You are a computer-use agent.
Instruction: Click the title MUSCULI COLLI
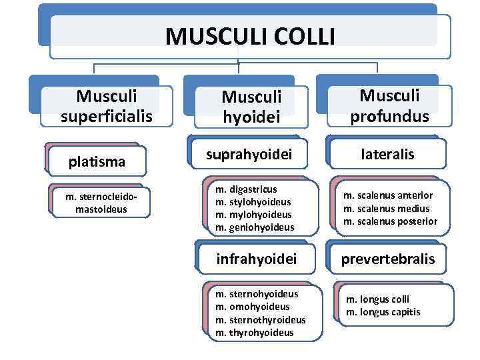250,35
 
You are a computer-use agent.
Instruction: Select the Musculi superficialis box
107,107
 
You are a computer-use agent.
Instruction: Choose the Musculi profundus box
390,107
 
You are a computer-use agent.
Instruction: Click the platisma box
97,161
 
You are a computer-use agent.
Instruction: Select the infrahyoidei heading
256,257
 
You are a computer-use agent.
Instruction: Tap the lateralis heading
388,154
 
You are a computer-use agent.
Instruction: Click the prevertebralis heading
388,258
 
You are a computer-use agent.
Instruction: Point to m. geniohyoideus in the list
255,227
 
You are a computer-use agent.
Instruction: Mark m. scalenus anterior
388,195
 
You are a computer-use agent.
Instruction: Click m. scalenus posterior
390,221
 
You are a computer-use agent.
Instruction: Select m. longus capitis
381,312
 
